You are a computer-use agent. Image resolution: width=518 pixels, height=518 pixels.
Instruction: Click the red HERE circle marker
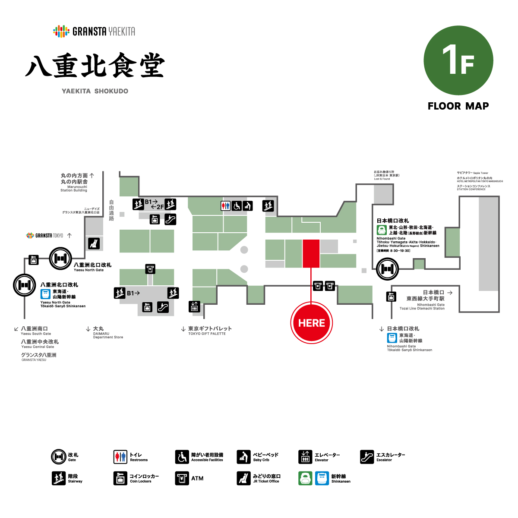[x=311, y=323]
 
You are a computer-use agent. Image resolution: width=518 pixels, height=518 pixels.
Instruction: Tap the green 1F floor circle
[x=458, y=60]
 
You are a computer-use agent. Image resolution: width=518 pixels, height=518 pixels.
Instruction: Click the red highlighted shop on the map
[x=311, y=253]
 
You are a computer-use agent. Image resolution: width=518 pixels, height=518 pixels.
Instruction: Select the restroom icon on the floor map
[x=225, y=206]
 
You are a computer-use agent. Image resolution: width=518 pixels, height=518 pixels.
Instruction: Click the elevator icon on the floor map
[x=194, y=306]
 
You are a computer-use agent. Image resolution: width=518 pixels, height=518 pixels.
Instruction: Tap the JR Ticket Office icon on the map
[x=94, y=243]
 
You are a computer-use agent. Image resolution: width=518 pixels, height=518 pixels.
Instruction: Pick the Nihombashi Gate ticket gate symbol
[x=387, y=269]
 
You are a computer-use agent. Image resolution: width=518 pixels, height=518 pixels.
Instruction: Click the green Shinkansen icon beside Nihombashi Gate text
[x=382, y=230]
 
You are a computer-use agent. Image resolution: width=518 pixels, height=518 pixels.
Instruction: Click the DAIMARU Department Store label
[x=108, y=333]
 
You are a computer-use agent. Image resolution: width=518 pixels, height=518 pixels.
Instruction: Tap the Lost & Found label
[x=386, y=175]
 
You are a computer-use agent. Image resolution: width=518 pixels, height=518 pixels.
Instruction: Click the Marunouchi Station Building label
[x=74, y=182]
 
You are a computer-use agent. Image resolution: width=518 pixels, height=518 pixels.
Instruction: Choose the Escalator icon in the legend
[x=366, y=457]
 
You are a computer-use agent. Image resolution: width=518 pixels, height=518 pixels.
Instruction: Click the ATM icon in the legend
[x=182, y=478]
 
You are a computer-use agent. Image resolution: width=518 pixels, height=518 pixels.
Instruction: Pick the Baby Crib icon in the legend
[x=243, y=457]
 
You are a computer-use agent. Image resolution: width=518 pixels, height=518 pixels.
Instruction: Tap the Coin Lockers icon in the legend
[x=120, y=478]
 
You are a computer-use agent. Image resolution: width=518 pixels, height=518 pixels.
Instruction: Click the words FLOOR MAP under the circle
[x=458, y=106]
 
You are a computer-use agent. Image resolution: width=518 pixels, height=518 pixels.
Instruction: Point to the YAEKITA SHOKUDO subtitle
[x=95, y=91]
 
